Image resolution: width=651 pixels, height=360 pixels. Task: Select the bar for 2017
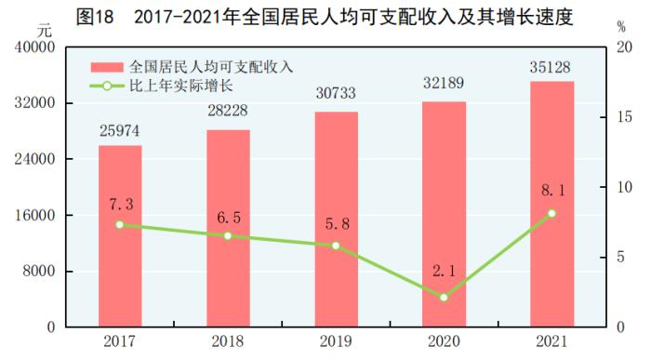click(x=120, y=236)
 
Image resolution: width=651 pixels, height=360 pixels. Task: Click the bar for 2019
click(x=336, y=220)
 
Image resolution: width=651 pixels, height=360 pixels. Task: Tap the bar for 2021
click(x=551, y=204)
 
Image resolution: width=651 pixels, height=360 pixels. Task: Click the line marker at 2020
click(x=444, y=298)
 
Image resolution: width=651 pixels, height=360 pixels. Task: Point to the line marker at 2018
click(x=228, y=236)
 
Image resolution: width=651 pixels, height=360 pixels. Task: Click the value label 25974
click(x=120, y=132)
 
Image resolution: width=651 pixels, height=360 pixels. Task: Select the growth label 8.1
click(x=551, y=192)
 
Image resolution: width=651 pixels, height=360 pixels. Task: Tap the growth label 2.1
click(x=444, y=272)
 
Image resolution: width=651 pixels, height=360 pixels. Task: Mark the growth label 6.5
click(x=228, y=217)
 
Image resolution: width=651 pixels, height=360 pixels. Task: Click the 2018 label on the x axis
click(x=228, y=341)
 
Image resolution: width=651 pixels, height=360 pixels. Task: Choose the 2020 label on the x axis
click(x=444, y=341)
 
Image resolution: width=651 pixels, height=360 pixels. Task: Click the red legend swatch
click(x=107, y=67)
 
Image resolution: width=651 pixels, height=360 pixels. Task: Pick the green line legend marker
click(x=107, y=87)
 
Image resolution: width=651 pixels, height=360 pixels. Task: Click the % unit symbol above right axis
click(x=621, y=27)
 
